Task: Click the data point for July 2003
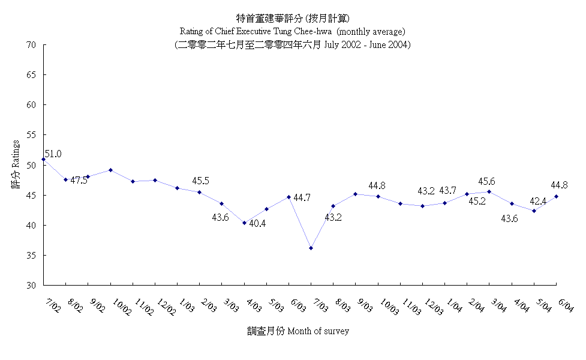tap(311, 248)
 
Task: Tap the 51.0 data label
tap(52, 154)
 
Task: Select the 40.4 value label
tap(258, 223)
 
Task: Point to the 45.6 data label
tap(487, 181)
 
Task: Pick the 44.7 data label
tap(302, 197)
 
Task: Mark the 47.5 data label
tap(79, 180)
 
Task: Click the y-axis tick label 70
tap(31, 45)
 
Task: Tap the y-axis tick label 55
tap(31, 135)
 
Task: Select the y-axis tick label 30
tap(31, 285)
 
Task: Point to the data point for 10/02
tap(110, 170)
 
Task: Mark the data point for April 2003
tap(244, 223)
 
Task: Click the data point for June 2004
tap(557, 196)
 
